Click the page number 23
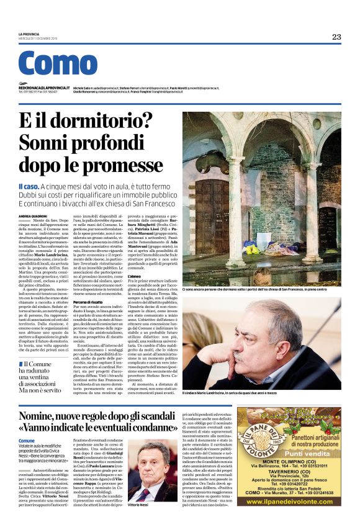click(336, 37)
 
